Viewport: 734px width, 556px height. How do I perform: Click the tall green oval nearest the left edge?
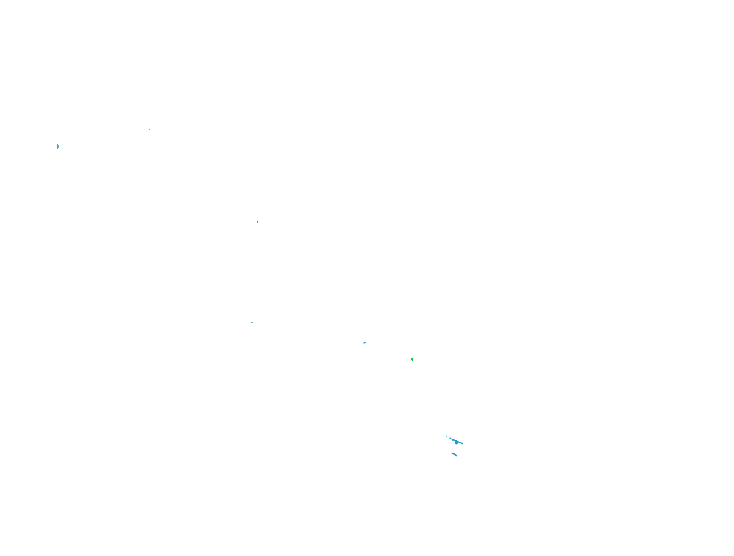pos(57,147)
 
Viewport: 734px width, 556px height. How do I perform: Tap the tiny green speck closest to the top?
pos(150,130)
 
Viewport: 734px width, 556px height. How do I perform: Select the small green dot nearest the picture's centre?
pos(258,222)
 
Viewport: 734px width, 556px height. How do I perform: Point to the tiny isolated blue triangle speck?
pos(252,322)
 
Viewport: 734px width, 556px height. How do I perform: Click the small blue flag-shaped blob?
pos(365,343)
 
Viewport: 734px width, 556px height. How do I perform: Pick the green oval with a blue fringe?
pos(412,360)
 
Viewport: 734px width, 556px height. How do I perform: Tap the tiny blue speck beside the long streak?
pos(446,437)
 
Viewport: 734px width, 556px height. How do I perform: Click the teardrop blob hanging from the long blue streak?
pos(456,443)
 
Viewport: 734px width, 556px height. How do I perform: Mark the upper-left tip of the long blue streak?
pos(449,438)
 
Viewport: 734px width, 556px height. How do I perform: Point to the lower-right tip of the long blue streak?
pos(463,444)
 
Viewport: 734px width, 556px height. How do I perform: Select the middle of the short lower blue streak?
pos(455,455)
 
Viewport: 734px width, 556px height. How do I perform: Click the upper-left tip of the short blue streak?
pos(452,453)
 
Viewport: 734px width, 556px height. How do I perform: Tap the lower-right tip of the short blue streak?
pos(457,456)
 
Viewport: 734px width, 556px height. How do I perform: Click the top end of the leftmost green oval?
pos(57,144)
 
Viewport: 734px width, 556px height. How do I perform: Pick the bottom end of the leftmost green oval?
pos(57,149)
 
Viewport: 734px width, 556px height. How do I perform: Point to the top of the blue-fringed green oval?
pos(412,358)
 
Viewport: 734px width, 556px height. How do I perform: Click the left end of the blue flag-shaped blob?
pos(364,343)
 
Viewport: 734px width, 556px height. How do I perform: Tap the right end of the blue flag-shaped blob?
pos(366,342)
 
